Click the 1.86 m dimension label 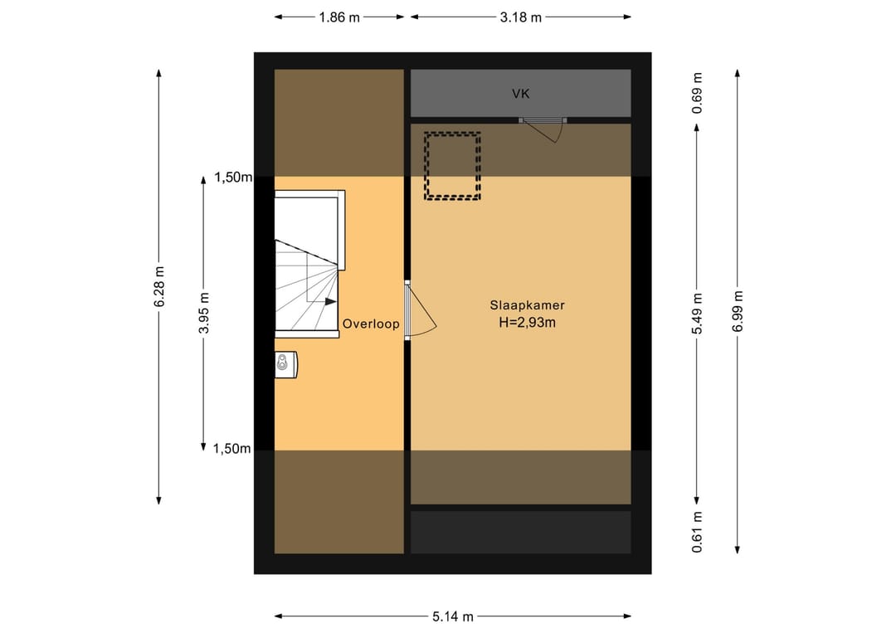[x=338, y=17]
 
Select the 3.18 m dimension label [x=520, y=17]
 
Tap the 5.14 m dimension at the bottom [x=453, y=616]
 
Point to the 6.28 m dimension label [x=159, y=287]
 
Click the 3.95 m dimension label [x=204, y=313]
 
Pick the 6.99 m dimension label [x=738, y=311]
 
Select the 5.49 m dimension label [x=697, y=314]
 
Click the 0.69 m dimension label [x=697, y=93]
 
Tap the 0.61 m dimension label [x=697, y=533]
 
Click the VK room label [x=520, y=94]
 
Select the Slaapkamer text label [x=527, y=305]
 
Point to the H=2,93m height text [x=527, y=322]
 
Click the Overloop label [x=371, y=324]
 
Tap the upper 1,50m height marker [x=233, y=177]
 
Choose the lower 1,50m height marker [x=232, y=449]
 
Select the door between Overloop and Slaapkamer [x=420, y=310]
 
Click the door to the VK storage [x=543, y=129]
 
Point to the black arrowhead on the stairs [x=331, y=302]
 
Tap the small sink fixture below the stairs [x=285, y=364]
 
